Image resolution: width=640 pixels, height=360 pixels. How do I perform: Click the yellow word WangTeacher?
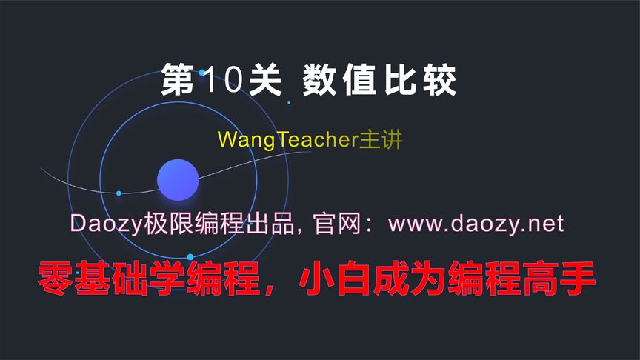click(x=288, y=139)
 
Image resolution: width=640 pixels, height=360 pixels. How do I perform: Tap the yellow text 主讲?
click(x=381, y=139)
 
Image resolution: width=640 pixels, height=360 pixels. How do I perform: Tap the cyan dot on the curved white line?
click(x=119, y=193)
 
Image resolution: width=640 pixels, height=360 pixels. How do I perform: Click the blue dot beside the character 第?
click(x=202, y=73)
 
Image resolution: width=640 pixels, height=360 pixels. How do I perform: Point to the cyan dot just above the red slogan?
click(x=190, y=257)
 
